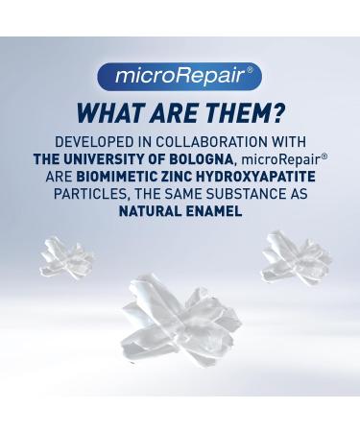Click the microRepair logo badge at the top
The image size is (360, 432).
(x=180, y=74)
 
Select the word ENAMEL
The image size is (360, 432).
(x=214, y=210)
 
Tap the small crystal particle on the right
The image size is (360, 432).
(x=291, y=255)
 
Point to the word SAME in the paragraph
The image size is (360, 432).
(x=180, y=194)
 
